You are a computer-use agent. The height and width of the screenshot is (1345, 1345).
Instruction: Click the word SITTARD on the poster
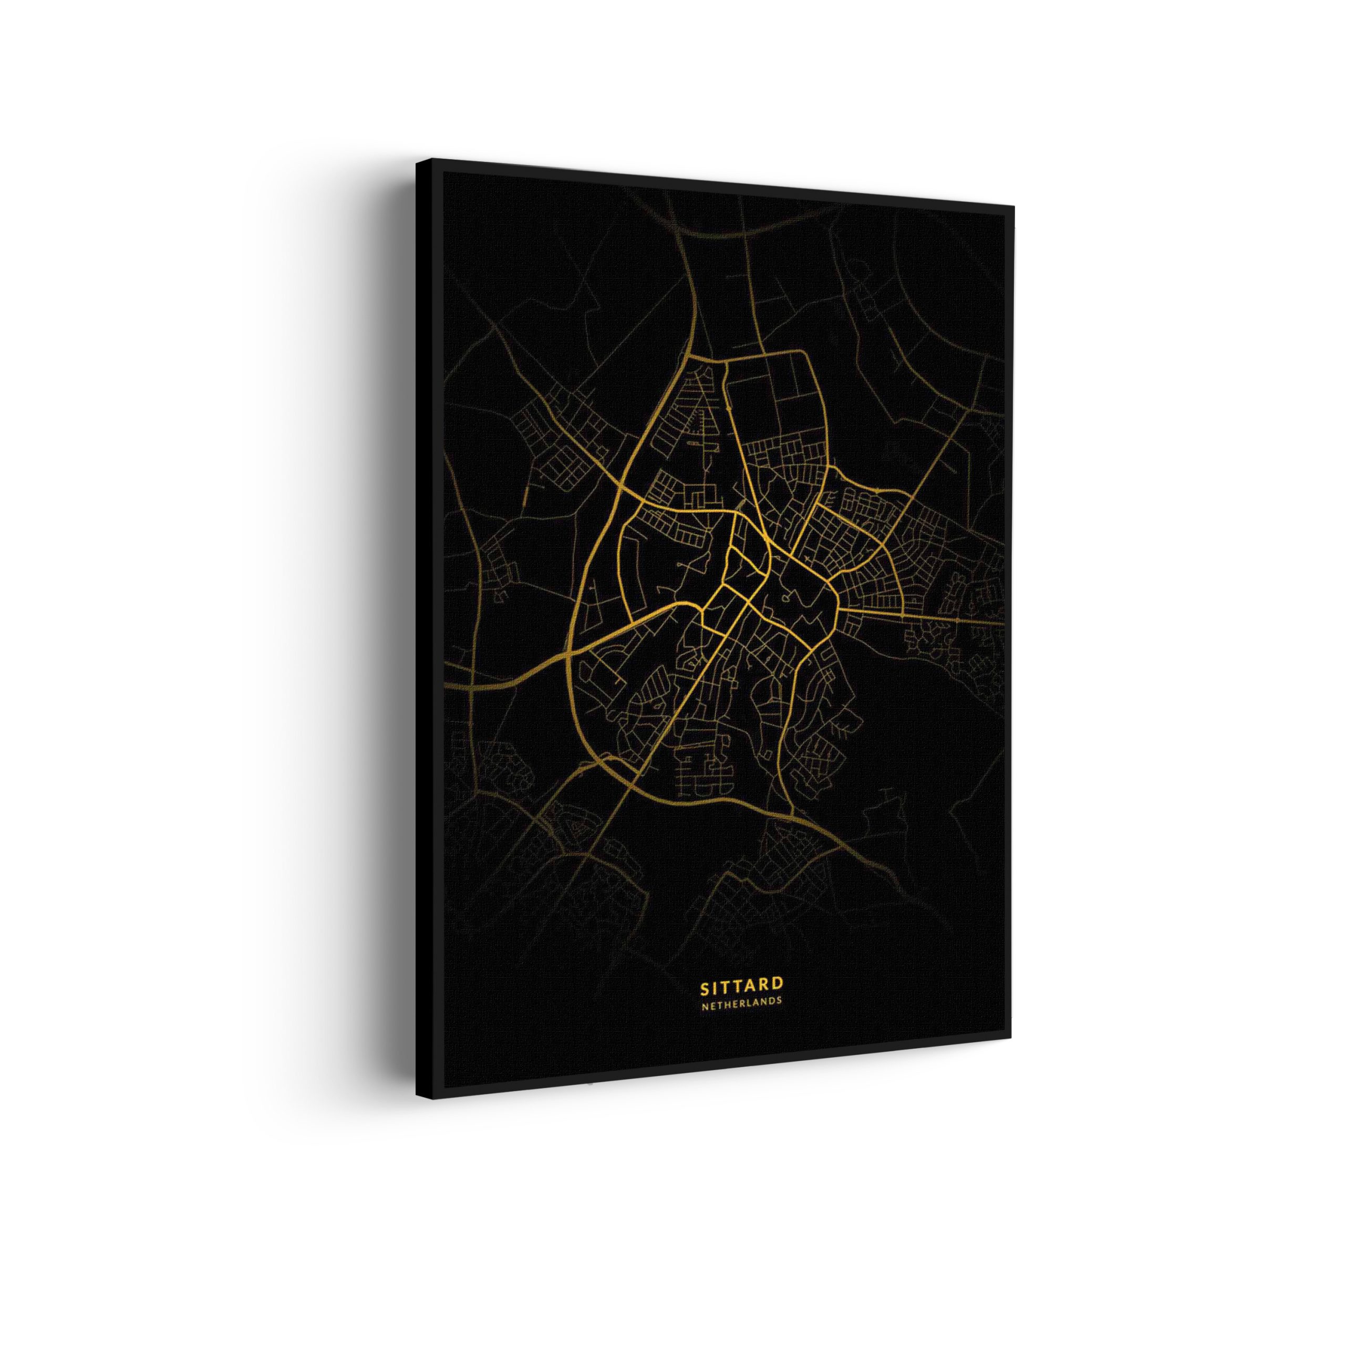[x=741, y=985]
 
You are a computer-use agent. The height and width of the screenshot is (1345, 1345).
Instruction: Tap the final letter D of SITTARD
[x=778, y=984]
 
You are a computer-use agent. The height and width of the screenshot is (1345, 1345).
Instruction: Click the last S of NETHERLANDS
[x=779, y=1000]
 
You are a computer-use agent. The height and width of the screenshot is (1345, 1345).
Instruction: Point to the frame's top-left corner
[x=417, y=161]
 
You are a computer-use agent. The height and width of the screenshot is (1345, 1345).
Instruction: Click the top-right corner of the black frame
[x=1013, y=206]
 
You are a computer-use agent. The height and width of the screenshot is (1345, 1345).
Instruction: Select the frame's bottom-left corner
[x=417, y=1099]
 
